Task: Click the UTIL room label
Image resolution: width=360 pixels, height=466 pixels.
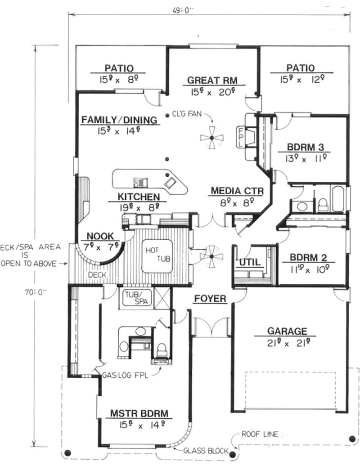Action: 249,262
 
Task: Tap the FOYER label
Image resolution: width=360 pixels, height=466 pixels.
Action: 210,299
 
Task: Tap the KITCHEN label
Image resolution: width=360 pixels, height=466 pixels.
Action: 138,197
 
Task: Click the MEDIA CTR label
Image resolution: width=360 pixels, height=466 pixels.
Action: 237,192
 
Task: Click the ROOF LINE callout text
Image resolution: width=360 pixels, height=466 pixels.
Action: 260,434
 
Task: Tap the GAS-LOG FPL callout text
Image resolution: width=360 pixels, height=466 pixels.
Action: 126,375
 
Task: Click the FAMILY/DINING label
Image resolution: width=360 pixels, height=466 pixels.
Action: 119,120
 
